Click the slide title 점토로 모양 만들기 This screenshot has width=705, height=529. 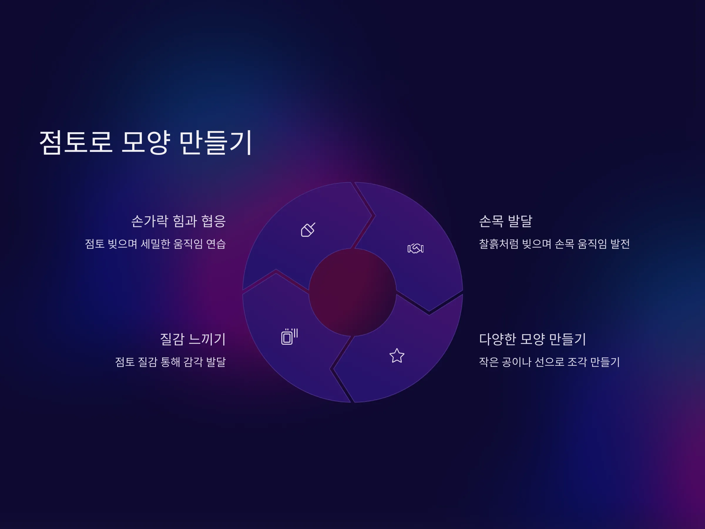(146, 142)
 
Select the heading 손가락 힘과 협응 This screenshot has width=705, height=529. (179, 221)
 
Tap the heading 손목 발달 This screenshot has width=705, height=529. (506, 221)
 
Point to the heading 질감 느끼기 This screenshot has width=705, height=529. (193, 339)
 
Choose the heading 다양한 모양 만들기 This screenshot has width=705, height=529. (533, 339)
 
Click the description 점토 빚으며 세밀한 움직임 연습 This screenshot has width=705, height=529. (155, 244)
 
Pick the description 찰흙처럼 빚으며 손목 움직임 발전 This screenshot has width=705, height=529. (554, 244)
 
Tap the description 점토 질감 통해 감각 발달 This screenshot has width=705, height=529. (170, 362)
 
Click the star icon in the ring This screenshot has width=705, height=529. (397, 356)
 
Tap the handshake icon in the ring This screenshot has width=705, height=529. (416, 248)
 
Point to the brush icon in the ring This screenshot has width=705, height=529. (308, 230)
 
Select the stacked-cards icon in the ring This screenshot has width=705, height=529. (289, 337)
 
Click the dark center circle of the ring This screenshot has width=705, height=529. (352, 292)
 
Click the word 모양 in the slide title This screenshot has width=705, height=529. (146, 142)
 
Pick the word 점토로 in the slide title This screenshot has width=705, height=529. (76, 142)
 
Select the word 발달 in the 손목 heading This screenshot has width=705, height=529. (520, 221)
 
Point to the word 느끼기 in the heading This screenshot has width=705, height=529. (207, 339)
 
